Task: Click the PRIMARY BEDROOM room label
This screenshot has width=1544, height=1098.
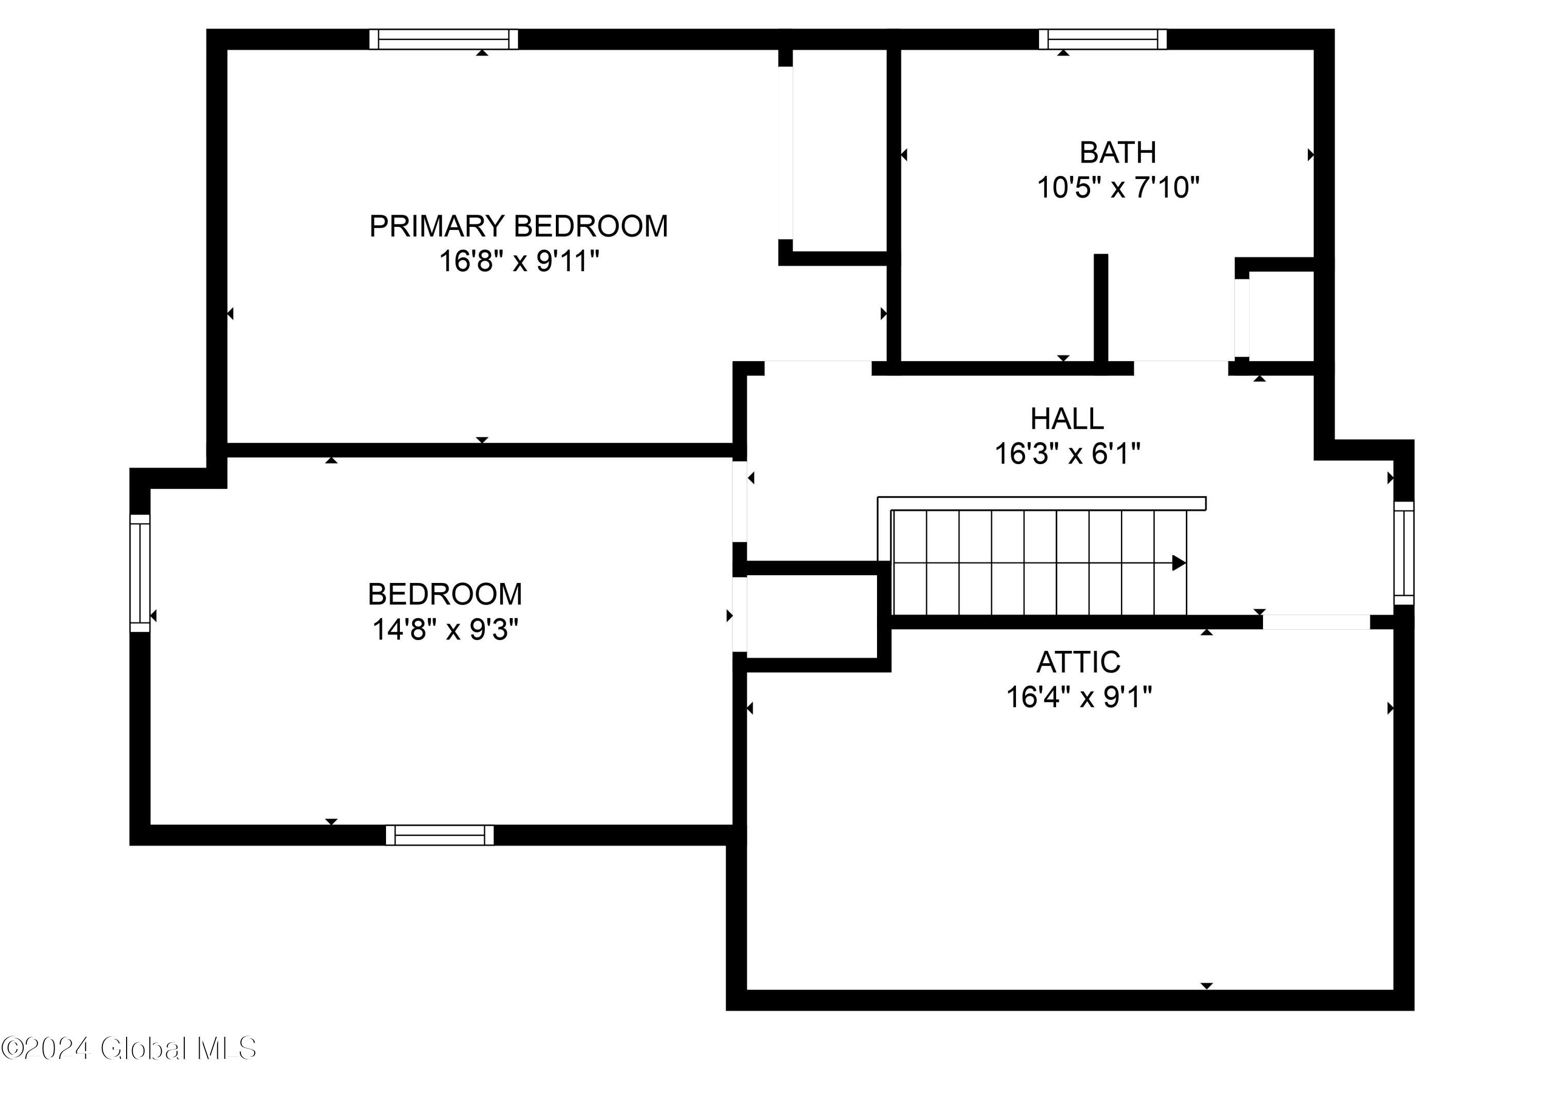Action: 518,226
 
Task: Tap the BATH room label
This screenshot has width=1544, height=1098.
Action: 1117,153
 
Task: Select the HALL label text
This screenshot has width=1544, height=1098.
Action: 1066,419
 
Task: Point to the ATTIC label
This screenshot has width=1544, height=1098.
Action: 1078,662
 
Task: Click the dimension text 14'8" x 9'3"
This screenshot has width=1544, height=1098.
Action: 445,630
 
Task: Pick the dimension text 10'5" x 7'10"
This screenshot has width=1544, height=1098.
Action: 1117,187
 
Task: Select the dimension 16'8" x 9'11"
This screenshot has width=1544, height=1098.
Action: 519,261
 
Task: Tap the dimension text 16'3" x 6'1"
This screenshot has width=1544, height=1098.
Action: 1066,454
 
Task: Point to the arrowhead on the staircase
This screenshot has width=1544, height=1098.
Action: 1178,562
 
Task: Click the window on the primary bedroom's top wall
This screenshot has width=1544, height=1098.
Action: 444,39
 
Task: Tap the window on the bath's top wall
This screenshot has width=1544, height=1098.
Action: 1102,39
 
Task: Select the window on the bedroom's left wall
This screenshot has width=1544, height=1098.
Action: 139,573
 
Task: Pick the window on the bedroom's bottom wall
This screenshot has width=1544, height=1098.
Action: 440,835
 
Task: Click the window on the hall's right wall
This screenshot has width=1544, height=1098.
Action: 1403,553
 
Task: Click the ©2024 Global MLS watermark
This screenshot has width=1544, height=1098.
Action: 129,1049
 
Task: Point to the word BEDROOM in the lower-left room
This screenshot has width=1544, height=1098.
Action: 445,595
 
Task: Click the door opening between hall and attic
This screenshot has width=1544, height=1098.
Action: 1315,622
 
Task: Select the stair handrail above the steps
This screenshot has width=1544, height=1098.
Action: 1042,503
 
